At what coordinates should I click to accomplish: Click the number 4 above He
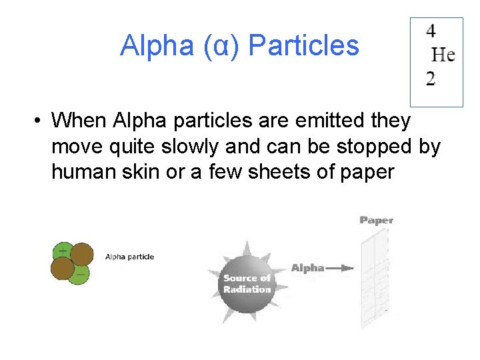click(431, 31)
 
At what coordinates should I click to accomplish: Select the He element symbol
click(443, 54)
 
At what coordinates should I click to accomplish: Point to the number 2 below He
click(431, 79)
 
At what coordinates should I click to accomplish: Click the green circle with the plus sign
click(63, 252)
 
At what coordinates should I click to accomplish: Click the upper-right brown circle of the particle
click(81, 255)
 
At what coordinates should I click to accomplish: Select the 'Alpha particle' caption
click(129, 257)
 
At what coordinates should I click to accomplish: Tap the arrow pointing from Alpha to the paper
click(341, 268)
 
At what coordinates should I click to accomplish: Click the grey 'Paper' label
click(377, 220)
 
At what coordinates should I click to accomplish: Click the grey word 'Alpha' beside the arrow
click(307, 268)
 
